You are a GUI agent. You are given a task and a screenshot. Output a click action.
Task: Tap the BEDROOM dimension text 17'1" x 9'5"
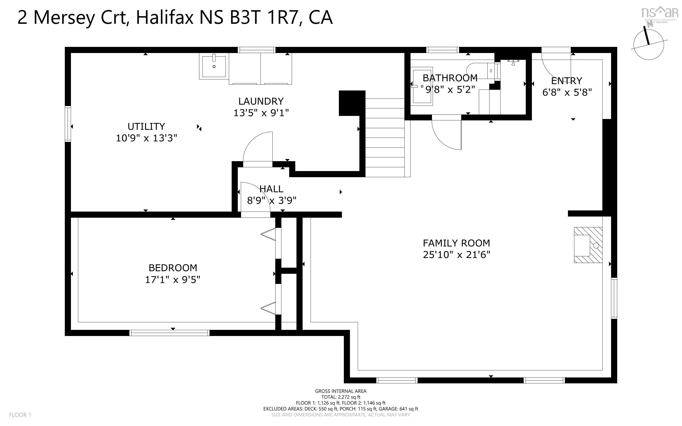pos(173,280)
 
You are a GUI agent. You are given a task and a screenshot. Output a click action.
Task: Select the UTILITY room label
pos(146,127)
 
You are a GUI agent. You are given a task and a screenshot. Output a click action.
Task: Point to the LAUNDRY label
pos(261,101)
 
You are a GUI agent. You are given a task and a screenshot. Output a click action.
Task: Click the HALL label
pos(271,189)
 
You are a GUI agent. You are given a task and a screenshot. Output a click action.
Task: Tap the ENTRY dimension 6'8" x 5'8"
pos(567,92)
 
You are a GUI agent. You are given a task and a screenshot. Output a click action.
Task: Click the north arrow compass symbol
pos(649,44)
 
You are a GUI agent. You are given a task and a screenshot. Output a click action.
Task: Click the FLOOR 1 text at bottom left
pos(20,415)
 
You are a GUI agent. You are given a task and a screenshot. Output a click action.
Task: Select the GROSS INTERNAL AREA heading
pos(340,391)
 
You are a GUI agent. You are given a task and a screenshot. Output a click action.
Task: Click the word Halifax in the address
pos(164,17)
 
